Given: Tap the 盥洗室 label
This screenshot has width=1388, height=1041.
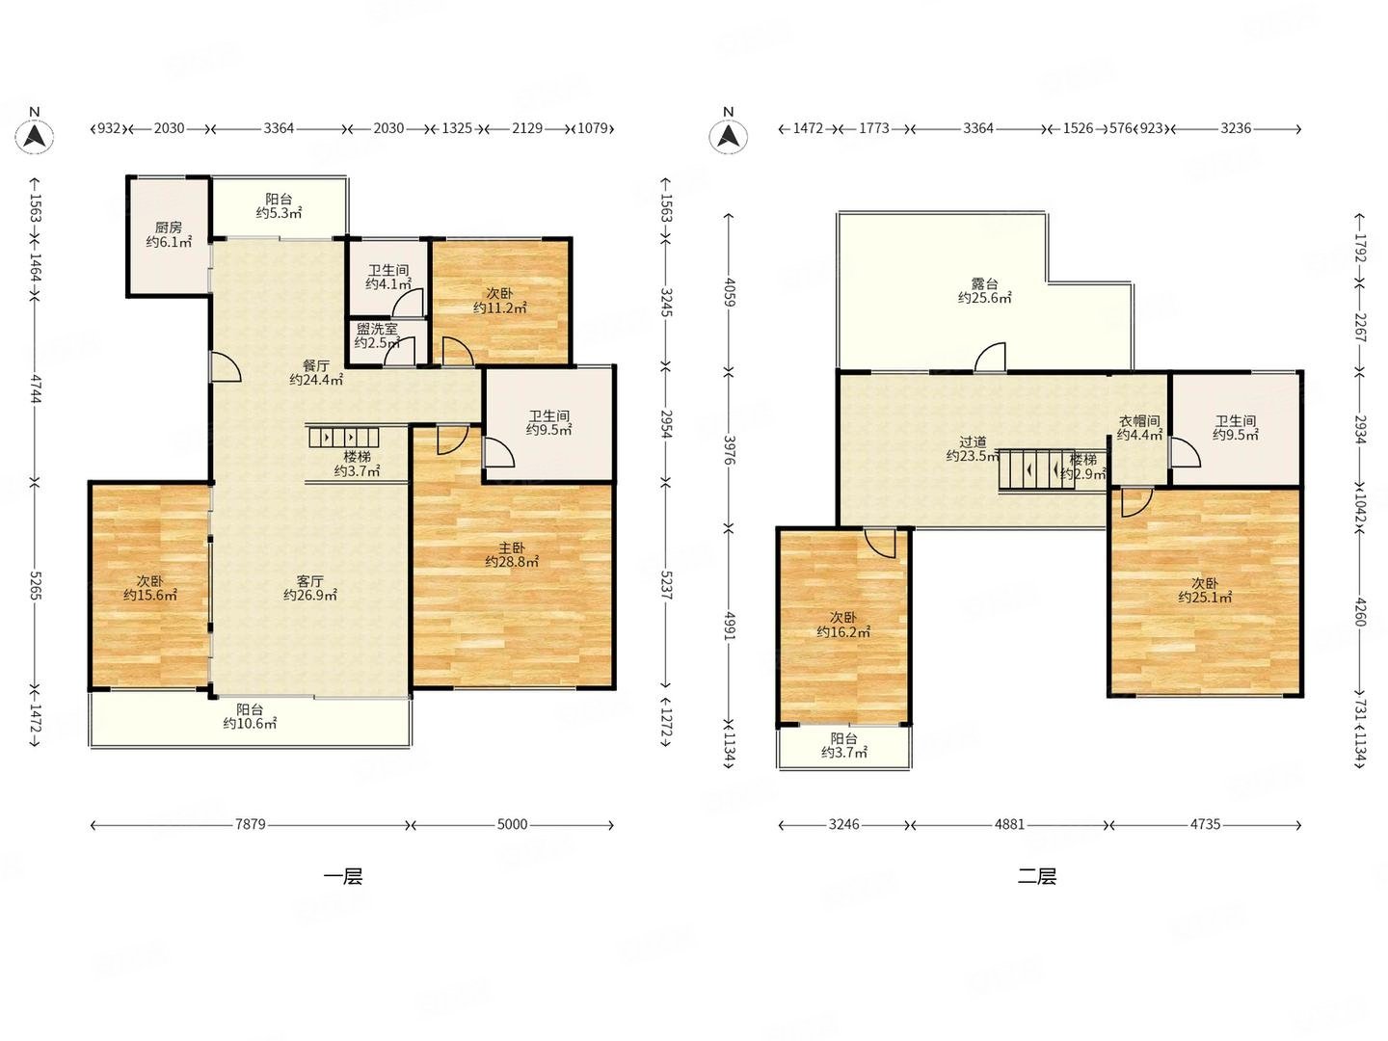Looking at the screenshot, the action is [x=377, y=329].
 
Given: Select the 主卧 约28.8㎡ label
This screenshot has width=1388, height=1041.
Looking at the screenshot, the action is [x=512, y=554].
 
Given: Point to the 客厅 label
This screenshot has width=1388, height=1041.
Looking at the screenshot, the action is [x=309, y=580].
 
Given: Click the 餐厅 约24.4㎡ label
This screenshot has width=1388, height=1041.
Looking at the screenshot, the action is [x=316, y=372].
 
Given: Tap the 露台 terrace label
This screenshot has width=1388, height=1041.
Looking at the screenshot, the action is [x=984, y=283].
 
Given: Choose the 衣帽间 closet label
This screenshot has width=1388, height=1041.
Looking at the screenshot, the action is [x=1139, y=420].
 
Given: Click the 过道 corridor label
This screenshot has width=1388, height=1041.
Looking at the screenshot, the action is [x=973, y=441].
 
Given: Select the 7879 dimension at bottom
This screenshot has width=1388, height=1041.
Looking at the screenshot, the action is [x=251, y=824].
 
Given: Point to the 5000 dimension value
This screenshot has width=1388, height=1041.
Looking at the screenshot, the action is [x=512, y=824].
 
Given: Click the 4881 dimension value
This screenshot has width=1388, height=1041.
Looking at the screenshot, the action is [x=1009, y=824].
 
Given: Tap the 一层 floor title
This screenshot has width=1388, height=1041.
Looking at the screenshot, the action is [x=343, y=877].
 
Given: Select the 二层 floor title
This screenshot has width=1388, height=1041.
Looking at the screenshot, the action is [x=1037, y=877].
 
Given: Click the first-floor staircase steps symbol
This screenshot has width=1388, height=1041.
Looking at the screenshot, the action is [x=343, y=438].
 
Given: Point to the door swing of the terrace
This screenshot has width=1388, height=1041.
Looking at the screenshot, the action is [x=990, y=357].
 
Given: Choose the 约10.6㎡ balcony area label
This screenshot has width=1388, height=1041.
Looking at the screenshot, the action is [x=250, y=724].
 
